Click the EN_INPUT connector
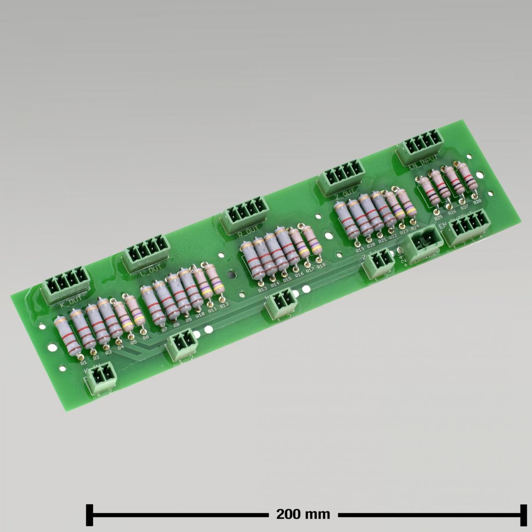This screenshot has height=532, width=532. pyautogui.click(x=419, y=146)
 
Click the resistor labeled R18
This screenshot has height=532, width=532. pyautogui.click(x=312, y=242)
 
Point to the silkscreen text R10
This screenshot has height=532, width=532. pyautogui.click(x=200, y=314)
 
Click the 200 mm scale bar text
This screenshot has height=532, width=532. pyautogui.click(x=303, y=514)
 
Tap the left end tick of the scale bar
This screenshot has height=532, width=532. pyautogui.click(x=90, y=514)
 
